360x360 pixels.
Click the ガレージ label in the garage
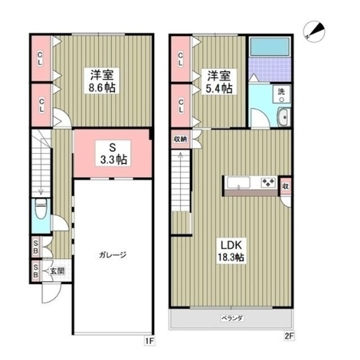[112, 254]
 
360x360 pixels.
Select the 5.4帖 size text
[219, 88]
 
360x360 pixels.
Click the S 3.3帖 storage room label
[112, 154]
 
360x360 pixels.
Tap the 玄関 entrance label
[56, 271]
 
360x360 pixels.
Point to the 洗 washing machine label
[281, 92]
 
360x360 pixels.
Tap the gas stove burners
[268, 182]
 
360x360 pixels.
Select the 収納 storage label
[180, 139]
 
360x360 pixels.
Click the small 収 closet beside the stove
[284, 185]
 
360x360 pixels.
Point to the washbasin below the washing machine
[283, 118]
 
